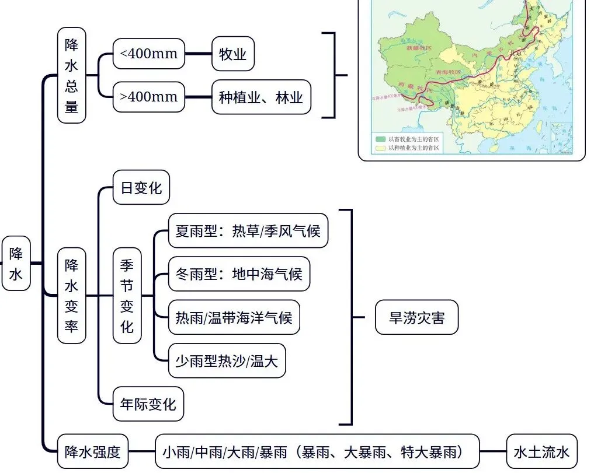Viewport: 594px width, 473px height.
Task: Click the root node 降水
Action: (x=16, y=263)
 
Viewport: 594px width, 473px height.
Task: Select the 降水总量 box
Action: (x=71, y=76)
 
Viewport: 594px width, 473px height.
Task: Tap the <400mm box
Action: (x=148, y=54)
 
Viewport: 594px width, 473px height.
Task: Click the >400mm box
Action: (x=148, y=96)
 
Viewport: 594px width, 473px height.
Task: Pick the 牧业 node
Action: (x=233, y=54)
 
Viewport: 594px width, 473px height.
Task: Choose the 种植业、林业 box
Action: (x=261, y=97)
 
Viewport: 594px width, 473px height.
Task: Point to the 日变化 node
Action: (x=141, y=187)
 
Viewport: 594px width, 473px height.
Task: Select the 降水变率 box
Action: (x=71, y=295)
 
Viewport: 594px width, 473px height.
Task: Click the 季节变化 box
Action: (x=127, y=295)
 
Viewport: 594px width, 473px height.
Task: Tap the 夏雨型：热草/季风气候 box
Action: (x=248, y=230)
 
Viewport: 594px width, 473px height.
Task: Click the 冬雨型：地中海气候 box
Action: (x=239, y=274)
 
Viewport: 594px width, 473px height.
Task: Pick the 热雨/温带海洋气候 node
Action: (x=234, y=317)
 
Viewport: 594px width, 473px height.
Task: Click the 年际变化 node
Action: (x=148, y=404)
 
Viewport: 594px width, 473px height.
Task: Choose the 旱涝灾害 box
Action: (x=416, y=318)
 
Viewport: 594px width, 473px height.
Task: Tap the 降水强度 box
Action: (x=93, y=451)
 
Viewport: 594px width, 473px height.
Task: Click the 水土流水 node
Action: (x=541, y=451)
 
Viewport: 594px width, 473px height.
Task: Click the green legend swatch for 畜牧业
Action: (x=380, y=139)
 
